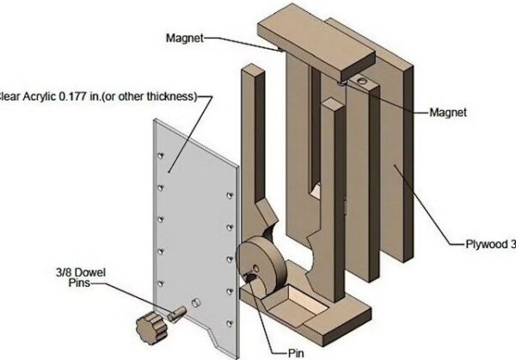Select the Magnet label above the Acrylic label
click(x=184, y=38)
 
